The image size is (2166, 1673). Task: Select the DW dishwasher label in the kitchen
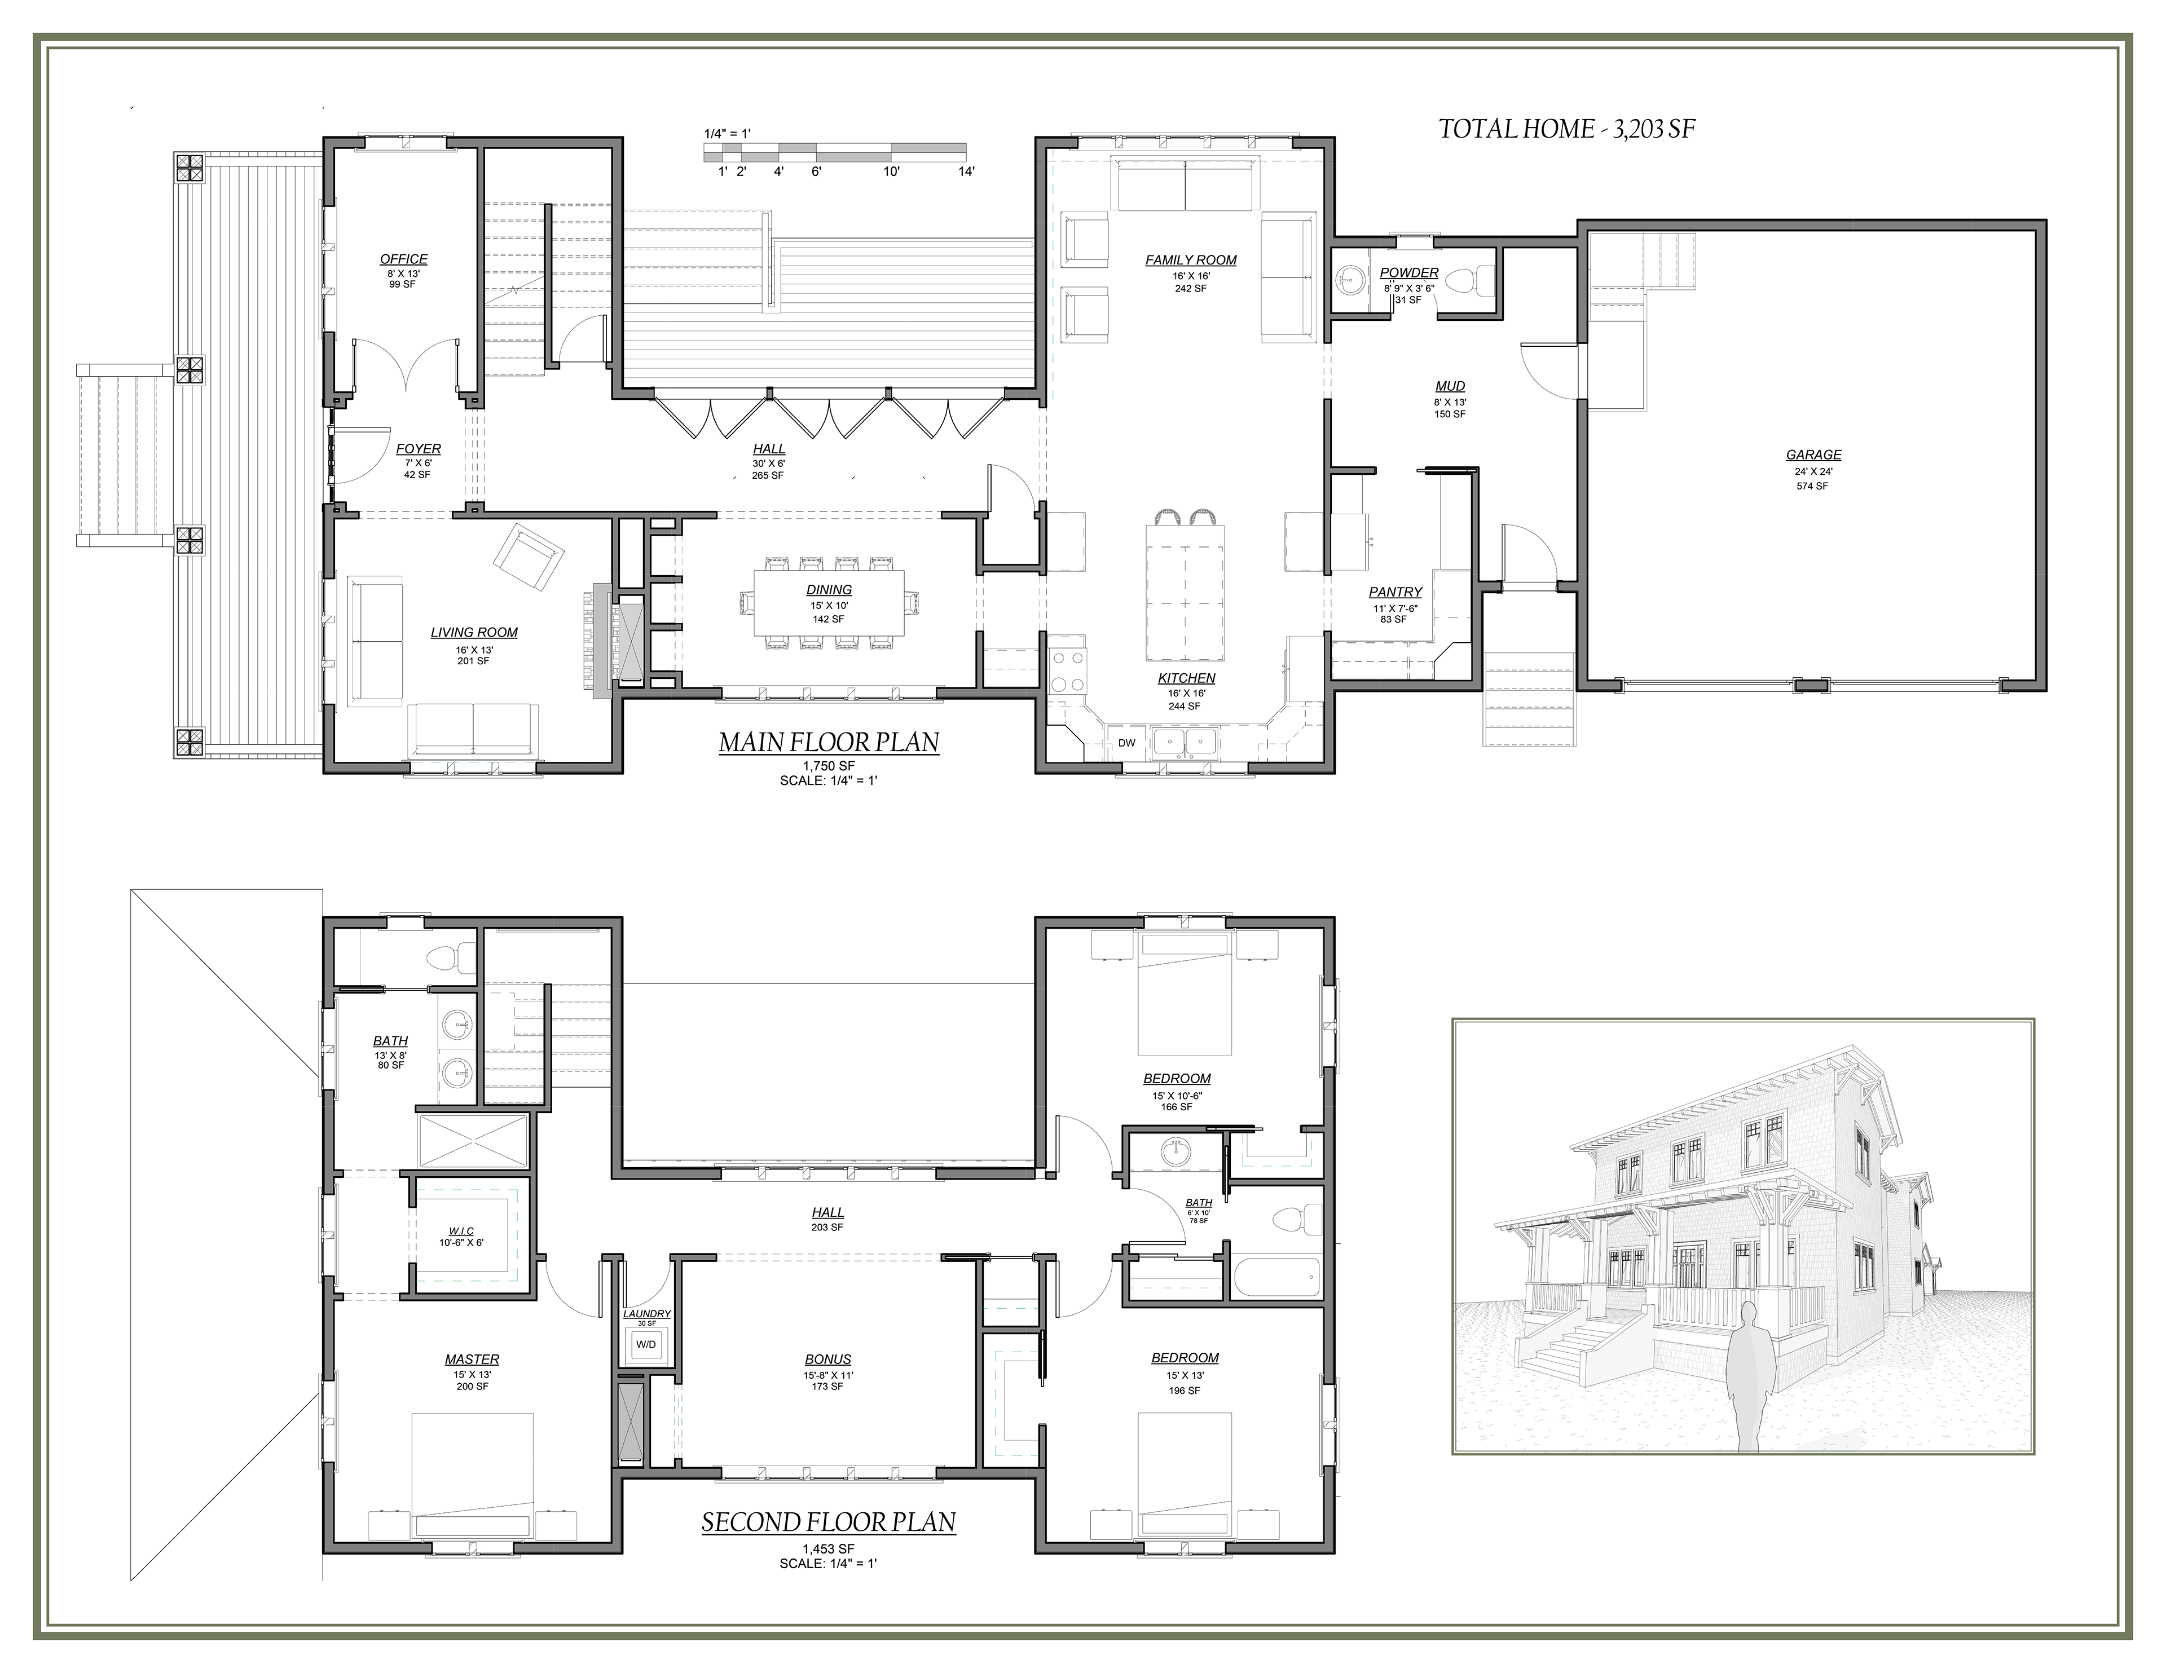coord(1126,742)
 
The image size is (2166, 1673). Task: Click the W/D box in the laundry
coord(646,1344)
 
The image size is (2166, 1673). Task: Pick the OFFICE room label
coord(404,259)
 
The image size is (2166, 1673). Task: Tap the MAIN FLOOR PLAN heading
coord(828,742)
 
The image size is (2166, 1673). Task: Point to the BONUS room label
coord(828,1359)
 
